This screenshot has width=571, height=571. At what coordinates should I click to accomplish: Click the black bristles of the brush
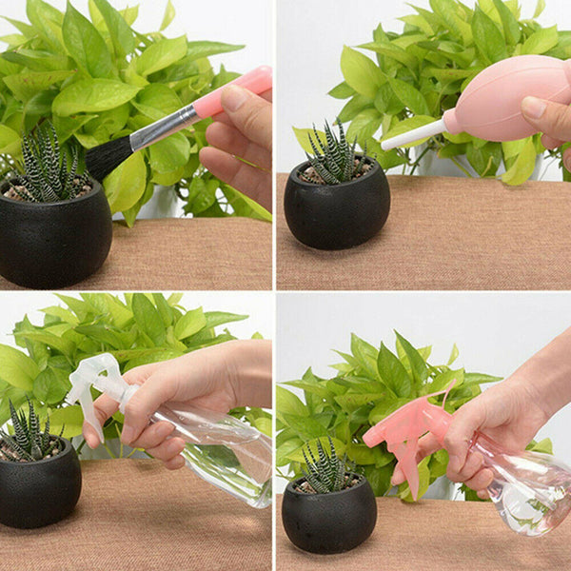click(x=107, y=158)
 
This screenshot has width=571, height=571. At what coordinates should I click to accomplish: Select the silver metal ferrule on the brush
click(x=163, y=128)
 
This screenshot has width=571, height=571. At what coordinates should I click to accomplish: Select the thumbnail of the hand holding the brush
click(x=234, y=98)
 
